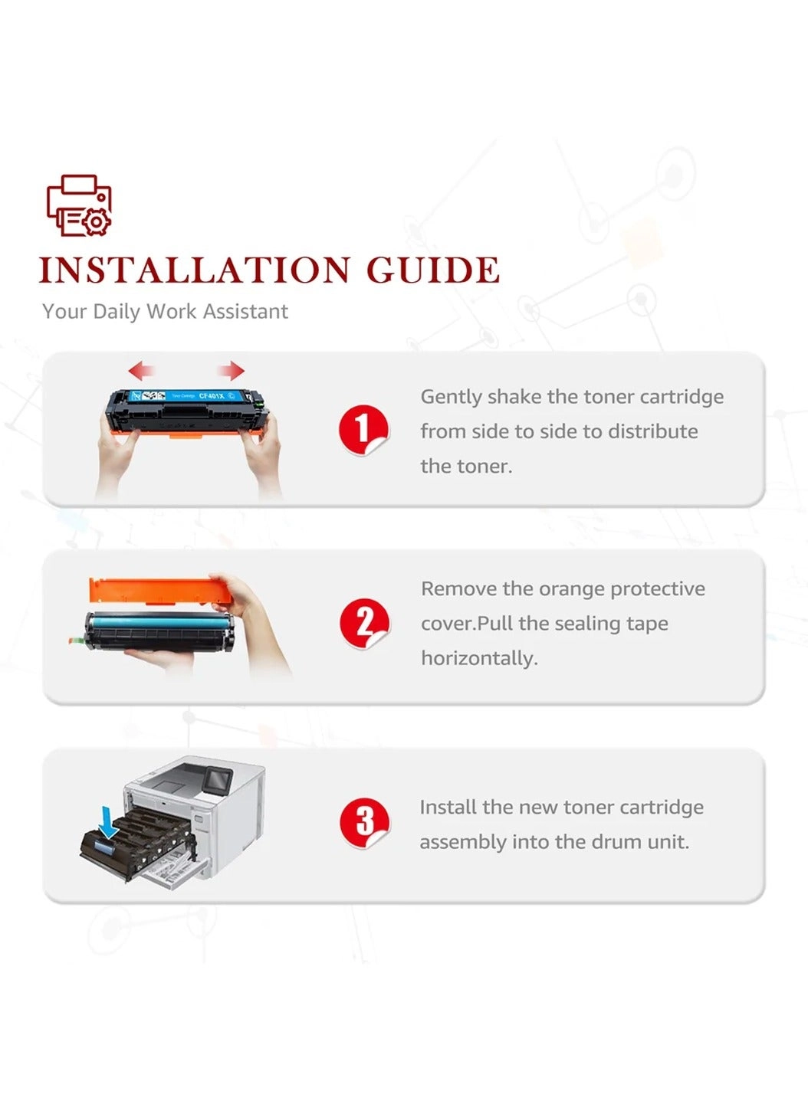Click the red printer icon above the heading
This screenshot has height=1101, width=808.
point(79,205)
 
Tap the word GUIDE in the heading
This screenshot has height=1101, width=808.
point(433,270)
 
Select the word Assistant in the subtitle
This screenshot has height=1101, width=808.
point(245,311)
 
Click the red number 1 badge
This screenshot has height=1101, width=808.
point(363,430)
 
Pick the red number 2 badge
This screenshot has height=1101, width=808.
point(364,623)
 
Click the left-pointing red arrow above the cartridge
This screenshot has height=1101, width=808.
point(142,370)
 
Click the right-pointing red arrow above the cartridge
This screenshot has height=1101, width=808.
point(232,371)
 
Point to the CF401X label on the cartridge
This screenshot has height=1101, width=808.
point(211,395)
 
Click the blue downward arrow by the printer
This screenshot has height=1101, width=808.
point(107,822)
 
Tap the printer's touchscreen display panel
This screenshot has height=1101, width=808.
point(218,779)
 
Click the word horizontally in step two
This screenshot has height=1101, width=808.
point(479,658)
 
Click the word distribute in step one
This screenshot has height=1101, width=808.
point(652,431)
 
